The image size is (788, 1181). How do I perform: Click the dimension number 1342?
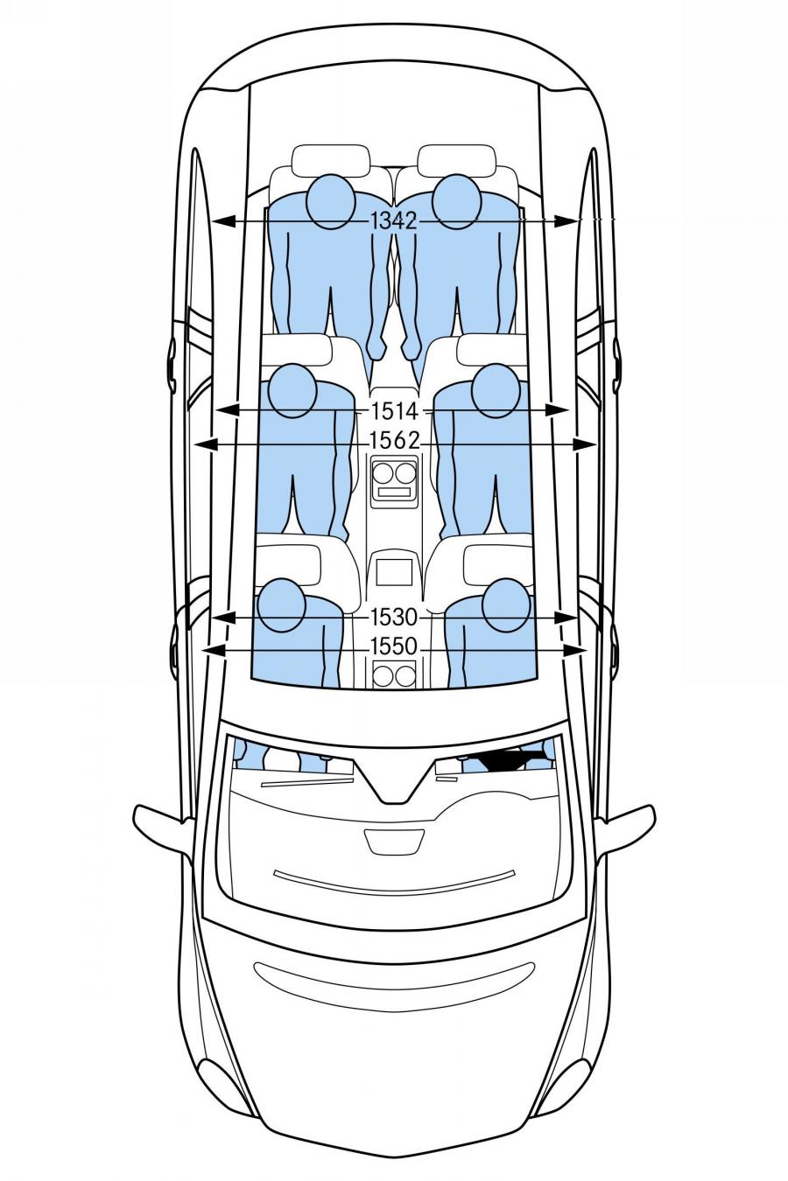tap(394, 220)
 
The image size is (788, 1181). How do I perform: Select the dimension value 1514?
tap(394, 410)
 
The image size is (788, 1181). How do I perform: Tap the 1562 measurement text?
tap(394, 440)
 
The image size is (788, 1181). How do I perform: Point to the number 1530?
tap(394, 617)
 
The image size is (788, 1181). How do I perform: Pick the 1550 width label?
tap(394, 646)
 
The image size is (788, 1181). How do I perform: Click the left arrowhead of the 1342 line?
tap(224, 221)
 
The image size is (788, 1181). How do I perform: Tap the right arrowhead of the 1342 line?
tap(566, 221)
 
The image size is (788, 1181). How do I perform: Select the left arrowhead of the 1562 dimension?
tap(207, 445)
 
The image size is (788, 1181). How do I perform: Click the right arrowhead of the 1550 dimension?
tap(574, 651)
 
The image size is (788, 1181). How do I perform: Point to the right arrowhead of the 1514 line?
tap(559, 410)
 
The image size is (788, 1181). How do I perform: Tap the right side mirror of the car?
tap(628, 825)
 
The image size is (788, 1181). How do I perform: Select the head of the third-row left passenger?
tap(331, 202)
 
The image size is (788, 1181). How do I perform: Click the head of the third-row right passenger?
tap(457, 202)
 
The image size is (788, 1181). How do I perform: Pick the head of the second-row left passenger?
tap(292, 391)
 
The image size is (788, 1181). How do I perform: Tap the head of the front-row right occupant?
tap(506, 604)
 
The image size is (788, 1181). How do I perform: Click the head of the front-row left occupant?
tap(283, 604)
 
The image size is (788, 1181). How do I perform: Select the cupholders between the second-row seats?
tap(394, 472)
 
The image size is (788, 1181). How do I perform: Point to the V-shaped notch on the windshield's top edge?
tap(394, 781)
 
